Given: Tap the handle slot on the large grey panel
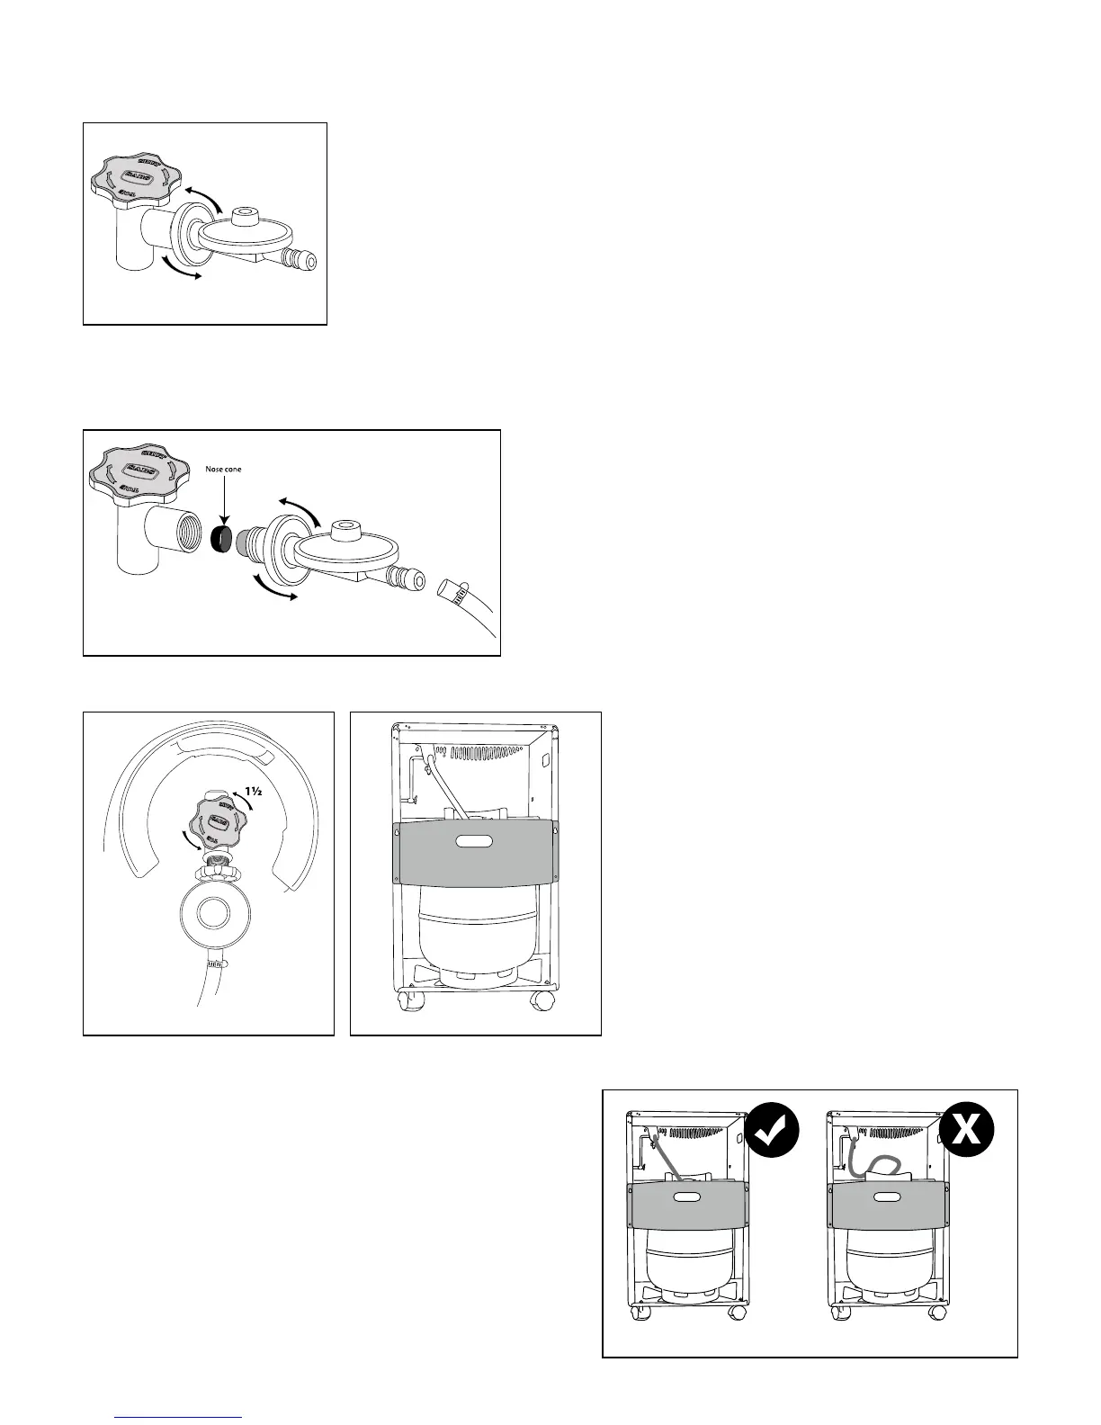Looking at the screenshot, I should [x=476, y=842].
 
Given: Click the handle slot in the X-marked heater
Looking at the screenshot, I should [x=887, y=1197].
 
